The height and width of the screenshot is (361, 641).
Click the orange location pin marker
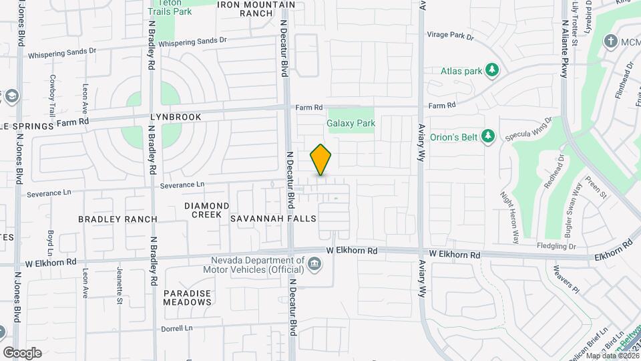[x=321, y=160]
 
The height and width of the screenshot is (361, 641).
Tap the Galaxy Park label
[x=351, y=123]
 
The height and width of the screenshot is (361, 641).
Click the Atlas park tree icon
[x=492, y=70]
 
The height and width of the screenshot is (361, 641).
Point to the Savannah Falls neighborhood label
[x=263, y=219]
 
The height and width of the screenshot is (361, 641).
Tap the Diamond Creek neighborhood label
[x=207, y=210]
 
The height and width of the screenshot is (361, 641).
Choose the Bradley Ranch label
[x=118, y=219]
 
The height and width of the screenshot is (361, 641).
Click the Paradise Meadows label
[x=187, y=297]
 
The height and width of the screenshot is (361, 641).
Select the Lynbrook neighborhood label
[x=176, y=117]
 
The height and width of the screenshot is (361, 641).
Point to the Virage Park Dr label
[x=449, y=37]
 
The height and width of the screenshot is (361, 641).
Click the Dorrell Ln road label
[x=176, y=329]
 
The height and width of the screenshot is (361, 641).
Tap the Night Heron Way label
[x=509, y=217]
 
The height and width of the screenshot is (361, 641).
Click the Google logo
[x=22, y=352]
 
